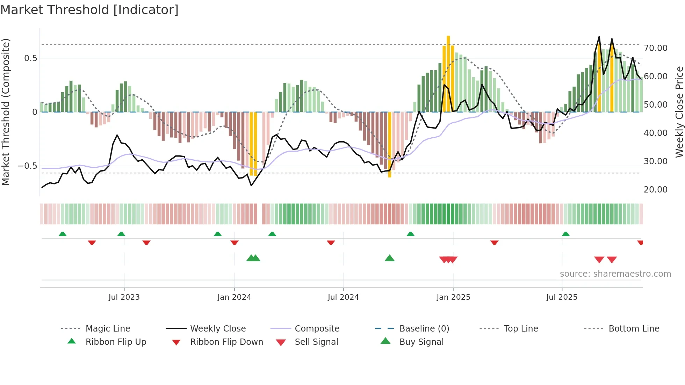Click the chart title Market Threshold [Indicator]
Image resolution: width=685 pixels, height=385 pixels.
coord(89,10)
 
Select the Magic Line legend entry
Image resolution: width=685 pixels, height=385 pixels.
coord(108,329)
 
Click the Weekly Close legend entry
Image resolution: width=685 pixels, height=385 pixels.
coord(218,329)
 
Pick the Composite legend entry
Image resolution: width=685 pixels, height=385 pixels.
coord(317,329)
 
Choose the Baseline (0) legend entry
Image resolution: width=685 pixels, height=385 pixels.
coord(424,329)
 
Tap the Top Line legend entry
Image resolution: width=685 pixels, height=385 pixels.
coord(521,329)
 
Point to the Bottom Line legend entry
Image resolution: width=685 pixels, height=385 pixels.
coord(634,329)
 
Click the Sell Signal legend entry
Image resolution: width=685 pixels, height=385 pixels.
coord(316,342)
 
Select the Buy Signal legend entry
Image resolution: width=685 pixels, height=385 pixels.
coord(421,342)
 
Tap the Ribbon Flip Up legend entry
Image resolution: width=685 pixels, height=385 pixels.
coord(116,342)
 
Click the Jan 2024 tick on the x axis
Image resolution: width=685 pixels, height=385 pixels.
coord(234,297)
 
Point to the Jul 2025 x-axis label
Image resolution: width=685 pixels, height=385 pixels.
coord(562,297)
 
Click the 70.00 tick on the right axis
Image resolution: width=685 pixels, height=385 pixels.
coord(655,48)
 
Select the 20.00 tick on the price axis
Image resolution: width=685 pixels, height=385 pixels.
coord(655,190)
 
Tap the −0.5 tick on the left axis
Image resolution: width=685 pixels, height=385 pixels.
coord(27,166)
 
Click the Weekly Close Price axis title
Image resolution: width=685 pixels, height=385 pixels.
coord(679,112)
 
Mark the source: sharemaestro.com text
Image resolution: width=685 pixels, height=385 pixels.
coord(615,274)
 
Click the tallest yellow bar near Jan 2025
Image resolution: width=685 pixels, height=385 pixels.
coord(448,73)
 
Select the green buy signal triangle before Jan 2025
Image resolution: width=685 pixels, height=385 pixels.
coord(389,258)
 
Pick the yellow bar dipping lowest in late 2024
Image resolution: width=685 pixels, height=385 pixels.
coord(390,145)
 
